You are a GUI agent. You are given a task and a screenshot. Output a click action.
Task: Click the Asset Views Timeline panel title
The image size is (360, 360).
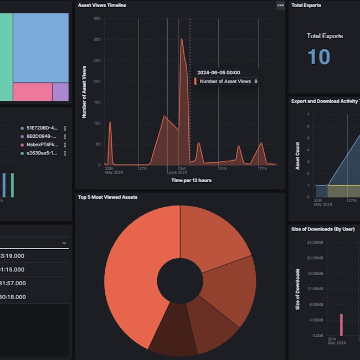(x=102, y=5)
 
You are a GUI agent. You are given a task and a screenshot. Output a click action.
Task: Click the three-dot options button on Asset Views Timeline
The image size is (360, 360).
(x=280, y=6)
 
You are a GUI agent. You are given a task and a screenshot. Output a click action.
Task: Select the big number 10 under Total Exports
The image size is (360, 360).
(x=318, y=56)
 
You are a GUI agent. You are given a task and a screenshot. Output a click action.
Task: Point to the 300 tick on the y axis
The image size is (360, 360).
(x=96, y=39)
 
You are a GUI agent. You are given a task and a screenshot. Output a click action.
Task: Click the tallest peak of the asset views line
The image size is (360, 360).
(x=182, y=39)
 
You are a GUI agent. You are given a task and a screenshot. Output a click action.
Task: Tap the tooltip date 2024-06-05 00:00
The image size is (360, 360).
(x=218, y=73)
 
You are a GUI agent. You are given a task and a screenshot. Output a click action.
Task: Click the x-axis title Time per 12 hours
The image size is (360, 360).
(x=191, y=180)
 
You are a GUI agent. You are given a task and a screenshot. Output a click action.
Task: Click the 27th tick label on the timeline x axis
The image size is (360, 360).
(x=143, y=168)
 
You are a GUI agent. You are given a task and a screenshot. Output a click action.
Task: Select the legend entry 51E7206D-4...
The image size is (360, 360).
(x=42, y=127)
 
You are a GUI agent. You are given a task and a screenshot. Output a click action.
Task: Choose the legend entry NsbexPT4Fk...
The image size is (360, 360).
(x=42, y=145)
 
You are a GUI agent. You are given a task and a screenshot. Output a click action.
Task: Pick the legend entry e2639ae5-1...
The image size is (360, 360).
(x=42, y=153)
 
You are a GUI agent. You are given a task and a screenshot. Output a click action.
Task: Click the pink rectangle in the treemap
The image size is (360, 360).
(x=32, y=92)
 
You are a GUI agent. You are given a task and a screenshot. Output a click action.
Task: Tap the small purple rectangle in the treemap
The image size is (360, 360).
(x=61, y=92)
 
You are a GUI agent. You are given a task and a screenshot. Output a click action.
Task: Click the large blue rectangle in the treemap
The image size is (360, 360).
(x=40, y=47)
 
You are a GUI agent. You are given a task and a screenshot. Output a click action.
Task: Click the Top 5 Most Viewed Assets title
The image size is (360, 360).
(x=108, y=197)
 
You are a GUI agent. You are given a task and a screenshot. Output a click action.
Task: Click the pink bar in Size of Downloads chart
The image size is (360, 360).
(x=341, y=325)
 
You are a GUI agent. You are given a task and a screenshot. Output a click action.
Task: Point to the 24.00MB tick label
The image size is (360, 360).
(x=315, y=243)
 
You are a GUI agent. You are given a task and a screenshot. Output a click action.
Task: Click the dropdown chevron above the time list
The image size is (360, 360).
(x=64, y=243)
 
